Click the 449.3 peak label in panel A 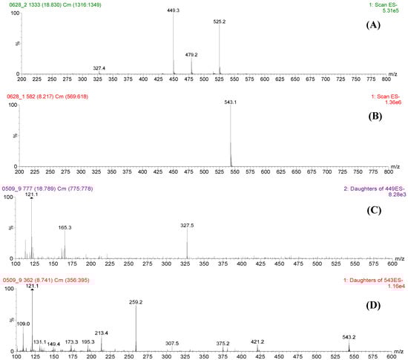coord(173,10)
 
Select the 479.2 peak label coord(191,54)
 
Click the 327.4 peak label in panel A coord(99,68)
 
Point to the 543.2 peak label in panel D coord(349,316)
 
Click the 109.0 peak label coord(24,303)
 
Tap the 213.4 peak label coord(102,313)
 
